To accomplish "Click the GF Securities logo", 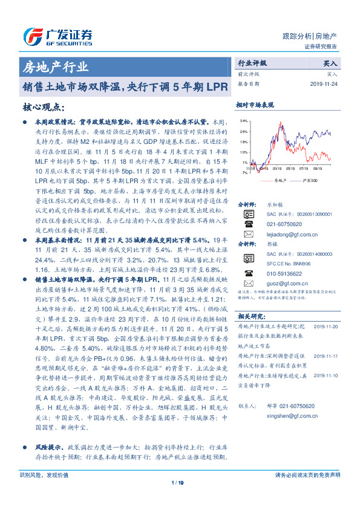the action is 57,35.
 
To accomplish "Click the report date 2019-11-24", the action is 325,84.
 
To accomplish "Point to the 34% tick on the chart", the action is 243,121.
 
